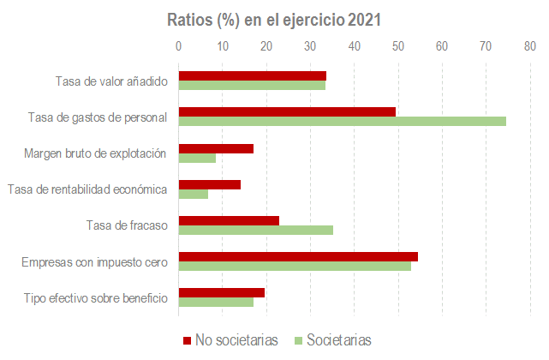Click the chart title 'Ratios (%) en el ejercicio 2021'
coord(274,19)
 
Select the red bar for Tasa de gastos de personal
coord(287,111)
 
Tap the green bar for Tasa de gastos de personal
coord(342,121)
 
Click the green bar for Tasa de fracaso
coord(255,229)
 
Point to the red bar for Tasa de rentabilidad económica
coord(209,184)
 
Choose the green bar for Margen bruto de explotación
coord(197,158)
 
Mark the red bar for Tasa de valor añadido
coord(252,75)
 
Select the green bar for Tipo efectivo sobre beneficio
coord(216,302)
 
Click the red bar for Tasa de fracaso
coord(229,220)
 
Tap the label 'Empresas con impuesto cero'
coord(94,261)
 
